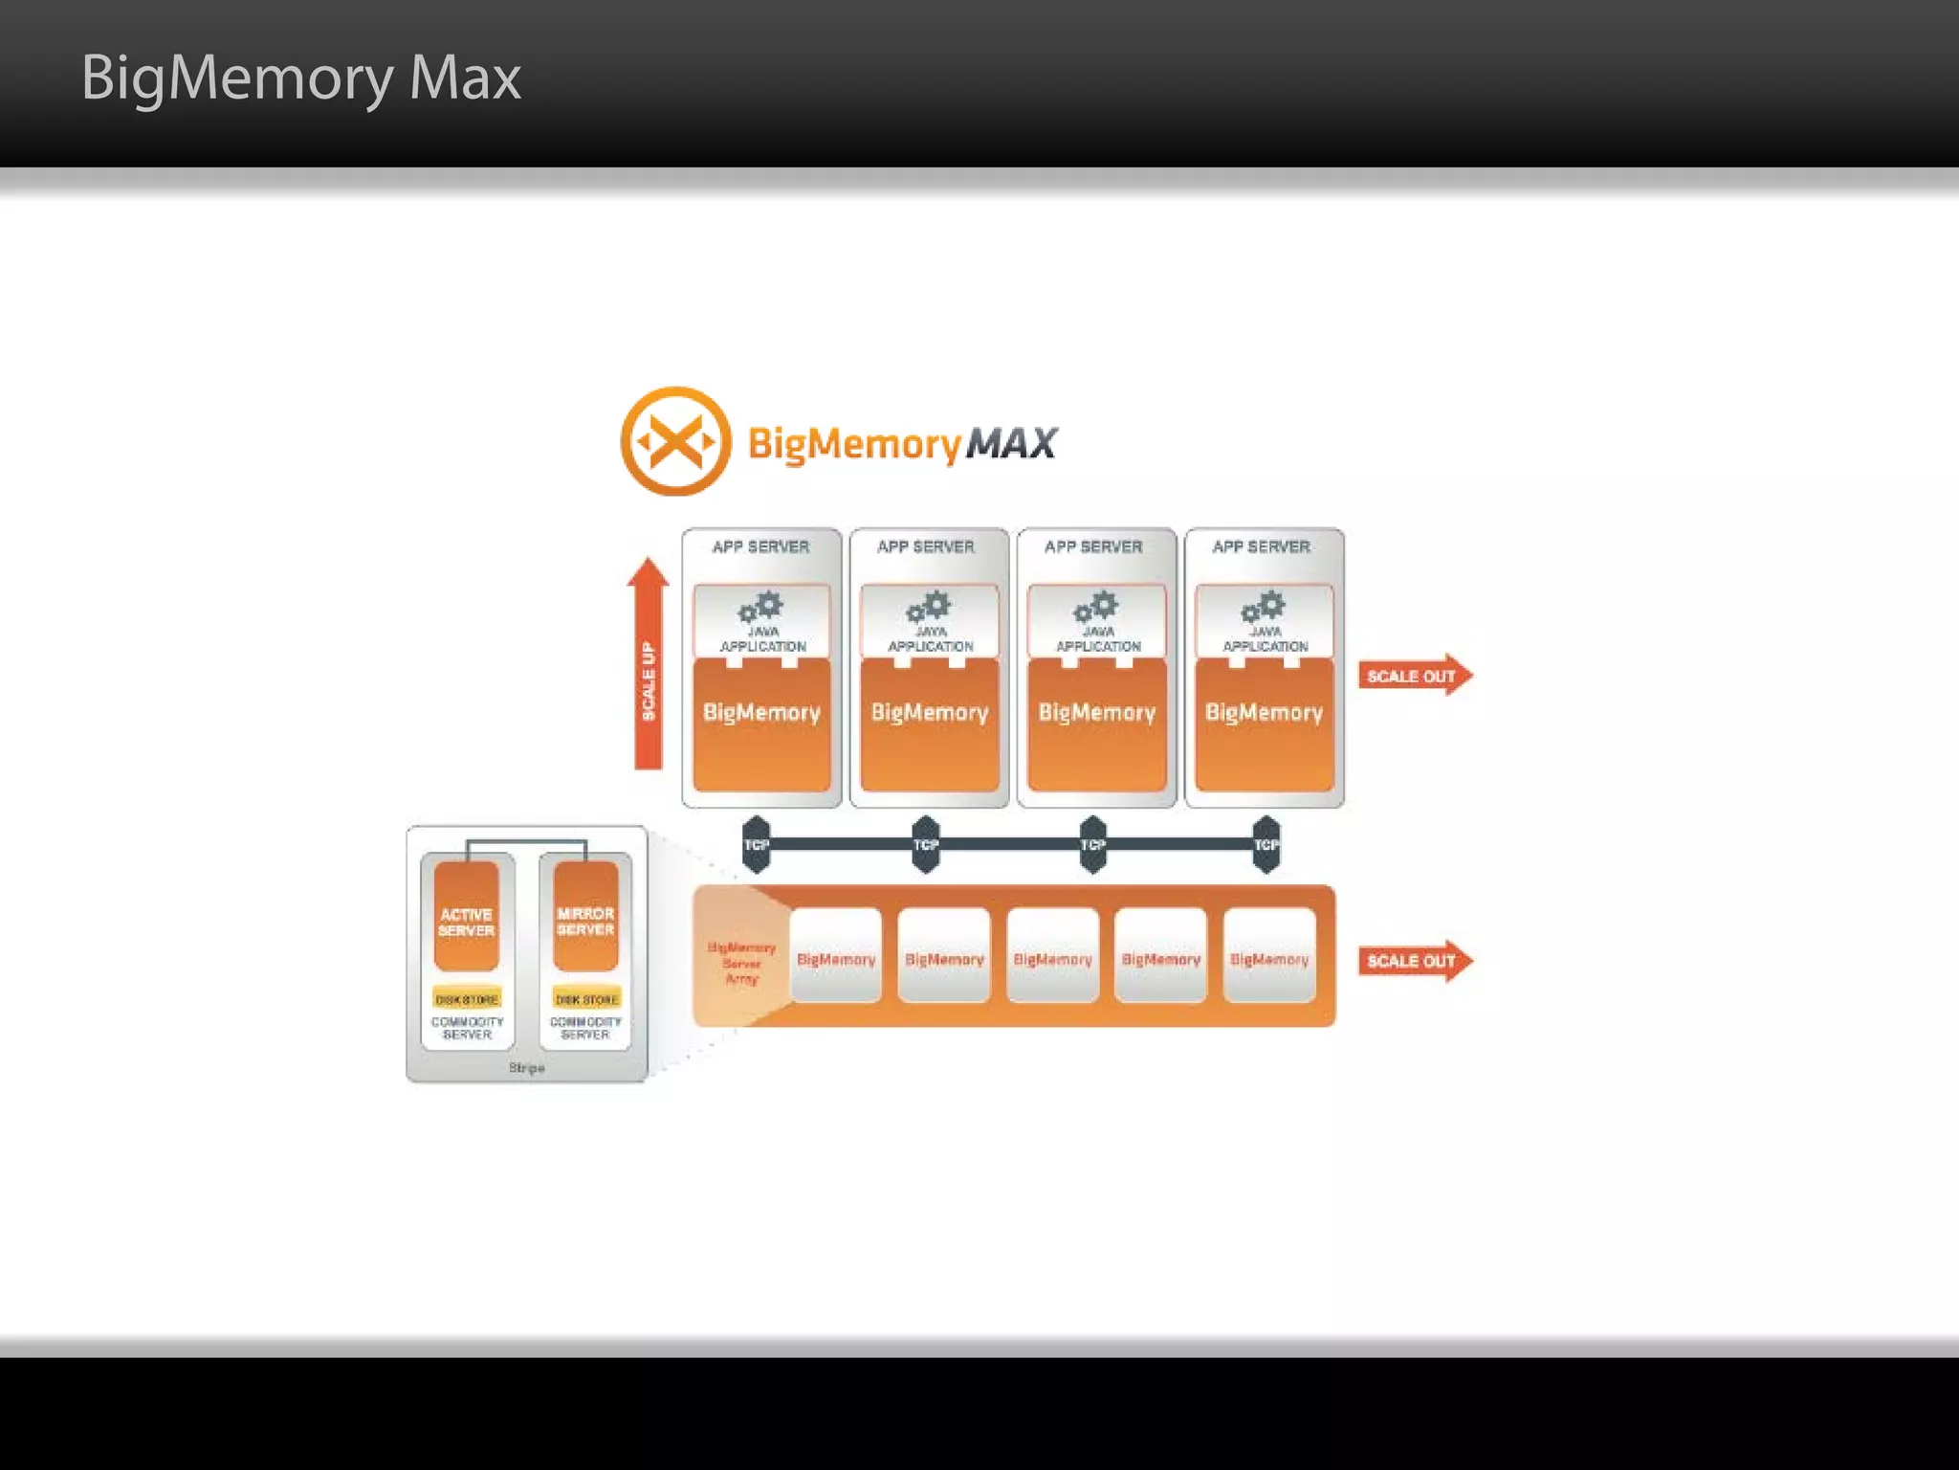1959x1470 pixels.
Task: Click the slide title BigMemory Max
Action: tap(300, 78)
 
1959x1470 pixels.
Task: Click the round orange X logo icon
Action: tap(675, 441)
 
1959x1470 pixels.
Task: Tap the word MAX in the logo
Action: tap(1011, 443)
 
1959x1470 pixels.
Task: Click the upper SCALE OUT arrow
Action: tap(1414, 676)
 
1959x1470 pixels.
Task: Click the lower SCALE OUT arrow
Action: tap(1414, 961)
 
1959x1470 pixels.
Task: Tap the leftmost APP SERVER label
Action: tap(760, 546)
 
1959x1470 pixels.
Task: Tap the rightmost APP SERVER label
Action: tap(1262, 546)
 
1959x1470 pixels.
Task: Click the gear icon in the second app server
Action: tap(929, 606)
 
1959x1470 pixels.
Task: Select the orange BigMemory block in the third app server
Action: tap(1097, 724)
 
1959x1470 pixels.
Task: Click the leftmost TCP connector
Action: tap(756, 844)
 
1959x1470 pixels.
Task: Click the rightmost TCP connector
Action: tap(1266, 844)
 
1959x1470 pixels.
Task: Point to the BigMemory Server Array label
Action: tap(741, 963)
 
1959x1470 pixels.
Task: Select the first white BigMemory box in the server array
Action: tap(836, 957)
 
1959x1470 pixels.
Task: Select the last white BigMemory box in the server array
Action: tap(1269, 957)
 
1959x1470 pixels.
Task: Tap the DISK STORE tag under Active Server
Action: tap(467, 999)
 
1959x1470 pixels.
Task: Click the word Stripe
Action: tap(527, 1067)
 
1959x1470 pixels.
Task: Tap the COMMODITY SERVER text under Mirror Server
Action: tap(585, 1028)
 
